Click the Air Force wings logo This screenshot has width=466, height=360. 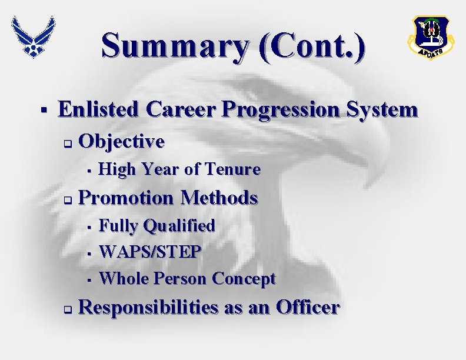pos(34,36)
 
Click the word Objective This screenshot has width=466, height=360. pos(121,141)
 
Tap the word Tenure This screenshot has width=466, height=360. pos(231,169)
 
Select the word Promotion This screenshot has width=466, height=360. pos(127,198)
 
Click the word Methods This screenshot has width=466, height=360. pos(219,198)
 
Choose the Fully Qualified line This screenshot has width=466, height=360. pos(157,225)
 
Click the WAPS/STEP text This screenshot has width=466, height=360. pos(151,252)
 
